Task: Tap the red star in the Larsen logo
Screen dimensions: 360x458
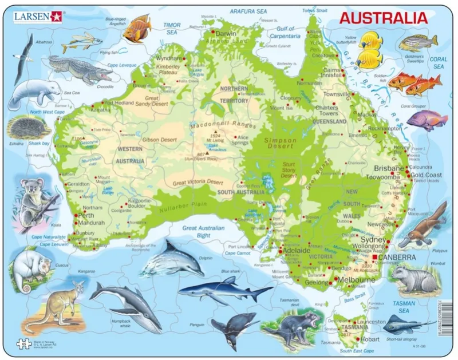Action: point(56,16)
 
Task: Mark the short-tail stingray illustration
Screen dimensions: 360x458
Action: point(405,325)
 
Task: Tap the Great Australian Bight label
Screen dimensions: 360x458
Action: point(204,232)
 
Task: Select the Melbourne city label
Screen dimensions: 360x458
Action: point(357,279)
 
